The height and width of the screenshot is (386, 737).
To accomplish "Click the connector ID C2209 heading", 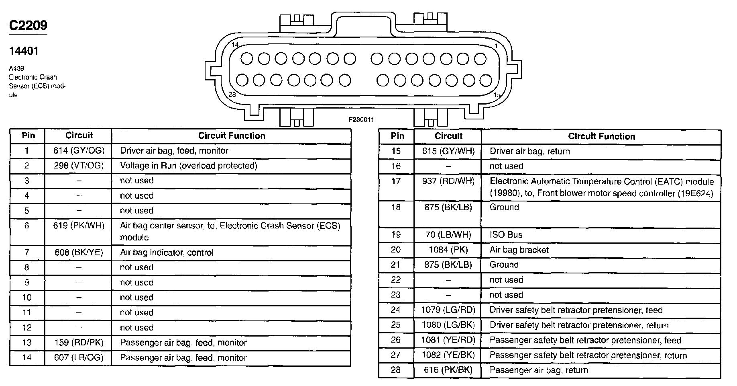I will click(x=28, y=25).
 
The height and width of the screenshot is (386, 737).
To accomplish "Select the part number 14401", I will click(x=24, y=51).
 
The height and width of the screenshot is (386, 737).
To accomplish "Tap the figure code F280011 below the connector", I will click(x=361, y=119).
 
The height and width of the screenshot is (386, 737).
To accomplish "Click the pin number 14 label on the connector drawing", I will click(x=235, y=45).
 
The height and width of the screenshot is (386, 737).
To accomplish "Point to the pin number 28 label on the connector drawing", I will click(x=232, y=94).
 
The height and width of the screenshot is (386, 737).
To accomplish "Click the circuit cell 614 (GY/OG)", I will click(x=79, y=151).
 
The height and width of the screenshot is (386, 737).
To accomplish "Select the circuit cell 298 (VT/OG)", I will click(x=79, y=166).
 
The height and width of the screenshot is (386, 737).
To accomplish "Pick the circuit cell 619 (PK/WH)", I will click(x=79, y=226).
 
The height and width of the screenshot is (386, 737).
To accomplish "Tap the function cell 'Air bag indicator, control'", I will click(x=167, y=253).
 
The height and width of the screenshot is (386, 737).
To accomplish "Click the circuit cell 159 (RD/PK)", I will click(x=79, y=343).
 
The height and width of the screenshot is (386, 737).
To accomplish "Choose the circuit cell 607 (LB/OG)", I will click(x=79, y=357).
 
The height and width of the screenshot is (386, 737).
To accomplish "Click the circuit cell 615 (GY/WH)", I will click(x=448, y=151).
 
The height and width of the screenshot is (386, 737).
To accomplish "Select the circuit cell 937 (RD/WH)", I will click(x=448, y=181).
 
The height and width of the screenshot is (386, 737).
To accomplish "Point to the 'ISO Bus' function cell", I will click(x=506, y=235).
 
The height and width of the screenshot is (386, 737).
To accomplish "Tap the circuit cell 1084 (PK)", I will click(x=448, y=250).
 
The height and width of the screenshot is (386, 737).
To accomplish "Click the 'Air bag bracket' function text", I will click(x=519, y=250).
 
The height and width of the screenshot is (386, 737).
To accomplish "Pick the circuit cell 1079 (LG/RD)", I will click(x=448, y=310).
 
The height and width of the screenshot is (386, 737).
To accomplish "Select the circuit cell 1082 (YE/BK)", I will click(x=448, y=355).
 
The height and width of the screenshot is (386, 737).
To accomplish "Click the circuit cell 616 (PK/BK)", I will click(x=448, y=370).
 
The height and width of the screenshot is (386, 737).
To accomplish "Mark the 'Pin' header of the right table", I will click(x=397, y=136).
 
